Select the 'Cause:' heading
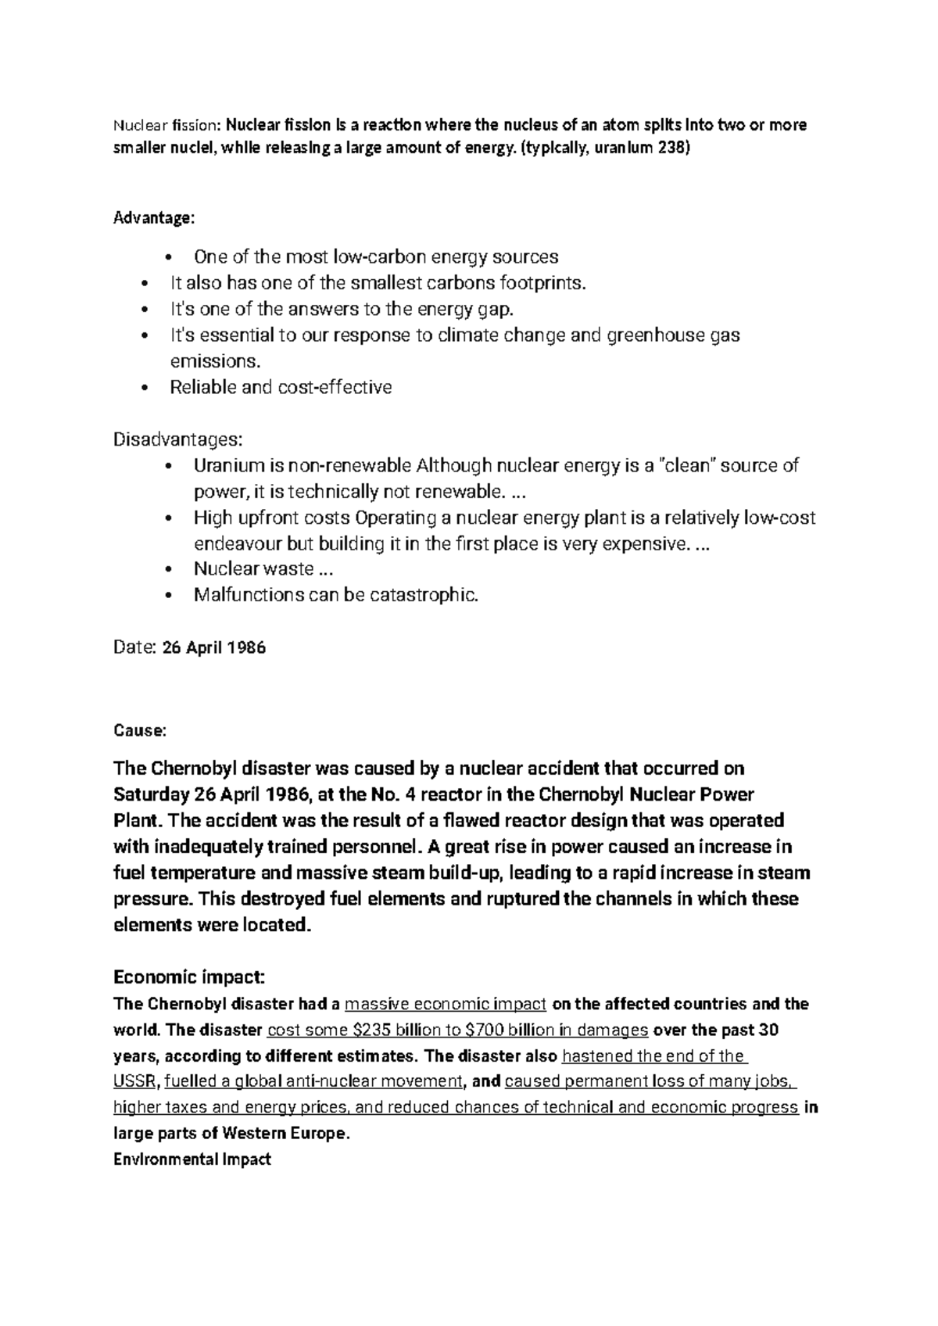[x=140, y=731]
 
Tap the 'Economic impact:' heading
[x=190, y=977]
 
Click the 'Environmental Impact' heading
[x=192, y=1159]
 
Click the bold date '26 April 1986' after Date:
[x=213, y=647]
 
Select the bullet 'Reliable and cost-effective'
[x=281, y=387]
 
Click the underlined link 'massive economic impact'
[x=445, y=1004]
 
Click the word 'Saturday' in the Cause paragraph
[x=149, y=795]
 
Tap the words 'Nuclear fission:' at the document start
[x=168, y=125]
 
